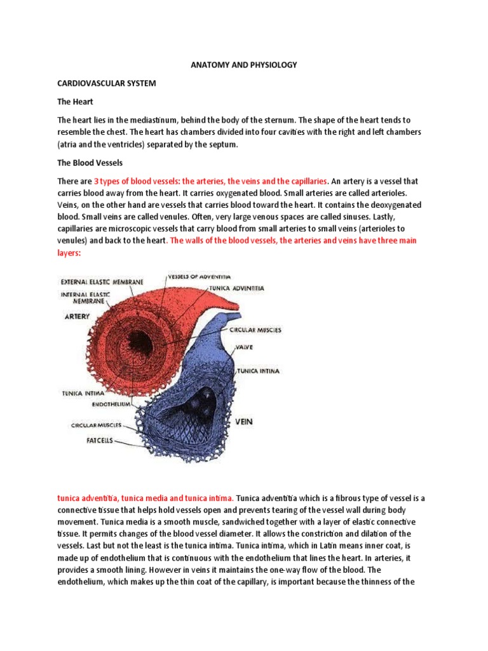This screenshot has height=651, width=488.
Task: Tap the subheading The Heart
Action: click(x=75, y=102)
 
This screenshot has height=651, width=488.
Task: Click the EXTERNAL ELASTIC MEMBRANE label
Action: click(x=102, y=282)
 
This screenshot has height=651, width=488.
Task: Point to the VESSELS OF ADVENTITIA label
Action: click(x=199, y=277)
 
